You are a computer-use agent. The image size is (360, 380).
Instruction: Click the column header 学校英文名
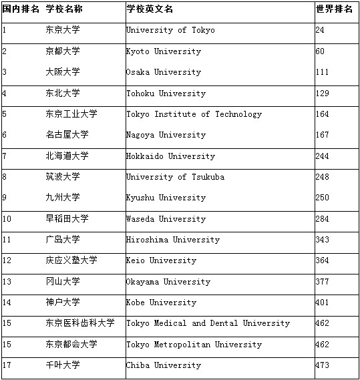[x=149, y=9]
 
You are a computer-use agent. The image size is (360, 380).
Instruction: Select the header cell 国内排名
[x=21, y=9]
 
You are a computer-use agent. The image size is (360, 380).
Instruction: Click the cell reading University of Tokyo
[x=170, y=31]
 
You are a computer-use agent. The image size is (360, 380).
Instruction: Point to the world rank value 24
[x=320, y=31]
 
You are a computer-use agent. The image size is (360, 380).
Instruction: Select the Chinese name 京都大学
[x=62, y=51]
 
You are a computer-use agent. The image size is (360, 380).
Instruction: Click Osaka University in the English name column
[x=164, y=72]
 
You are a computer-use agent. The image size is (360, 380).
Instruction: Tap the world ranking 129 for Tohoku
[x=323, y=93]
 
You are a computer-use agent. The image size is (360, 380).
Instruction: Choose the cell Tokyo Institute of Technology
[x=194, y=114]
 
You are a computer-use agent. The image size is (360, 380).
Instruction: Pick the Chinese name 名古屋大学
[x=67, y=135]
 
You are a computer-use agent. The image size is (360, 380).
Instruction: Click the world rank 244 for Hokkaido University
[x=323, y=156]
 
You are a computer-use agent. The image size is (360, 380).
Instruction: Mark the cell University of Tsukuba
[x=175, y=177]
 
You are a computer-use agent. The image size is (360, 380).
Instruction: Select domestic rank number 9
[x=5, y=198]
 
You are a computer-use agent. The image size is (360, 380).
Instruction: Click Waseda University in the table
[x=166, y=219]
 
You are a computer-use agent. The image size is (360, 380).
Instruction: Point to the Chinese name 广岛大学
[x=62, y=240]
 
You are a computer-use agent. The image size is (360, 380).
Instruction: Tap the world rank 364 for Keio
[x=323, y=260]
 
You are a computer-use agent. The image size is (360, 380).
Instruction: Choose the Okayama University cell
[x=168, y=282]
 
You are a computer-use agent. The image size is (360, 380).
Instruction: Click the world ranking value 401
[x=323, y=303]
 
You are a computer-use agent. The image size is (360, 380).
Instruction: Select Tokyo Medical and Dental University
[x=208, y=323]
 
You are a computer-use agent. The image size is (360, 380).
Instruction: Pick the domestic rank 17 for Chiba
[x=7, y=365]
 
